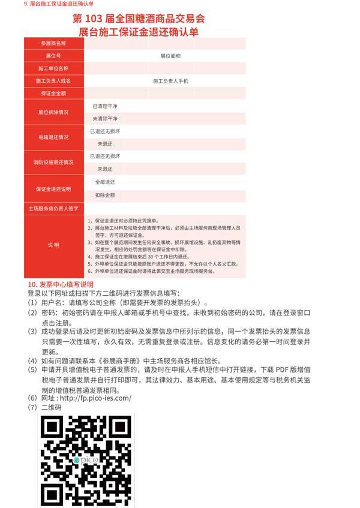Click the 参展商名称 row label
(x=53, y=43)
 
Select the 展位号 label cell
(x=53, y=55)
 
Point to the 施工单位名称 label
(x=53, y=68)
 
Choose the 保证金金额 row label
(x=53, y=93)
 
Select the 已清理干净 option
(x=105, y=106)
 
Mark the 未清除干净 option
(x=105, y=118)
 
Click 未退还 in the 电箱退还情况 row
(x=105, y=143)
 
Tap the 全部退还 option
(x=105, y=181)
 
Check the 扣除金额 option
(x=105, y=195)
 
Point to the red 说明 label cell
(x=53, y=245)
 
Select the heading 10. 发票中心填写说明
(x=61, y=284)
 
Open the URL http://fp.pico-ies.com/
(x=95, y=398)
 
